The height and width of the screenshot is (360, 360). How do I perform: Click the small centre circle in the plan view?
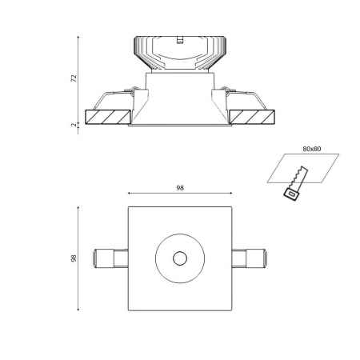[179, 258]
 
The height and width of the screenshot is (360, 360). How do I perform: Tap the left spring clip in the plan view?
[110, 258]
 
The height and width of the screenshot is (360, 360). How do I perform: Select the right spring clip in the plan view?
[248, 258]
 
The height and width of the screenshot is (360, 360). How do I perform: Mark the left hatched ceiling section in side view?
[106, 117]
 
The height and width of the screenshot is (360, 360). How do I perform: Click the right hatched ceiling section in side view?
[253, 117]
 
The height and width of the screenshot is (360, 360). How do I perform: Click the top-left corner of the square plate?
[128, 206]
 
